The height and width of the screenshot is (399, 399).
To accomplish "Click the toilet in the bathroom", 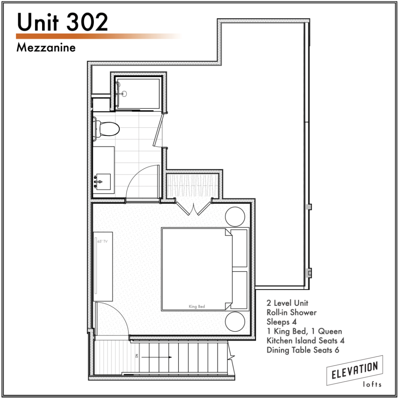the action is coord(107,129).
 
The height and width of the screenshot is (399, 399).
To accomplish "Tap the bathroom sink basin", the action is coord(104,182).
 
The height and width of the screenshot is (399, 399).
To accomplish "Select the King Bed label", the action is coord(197,306).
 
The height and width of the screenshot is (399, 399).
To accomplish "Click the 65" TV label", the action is coord(102,241).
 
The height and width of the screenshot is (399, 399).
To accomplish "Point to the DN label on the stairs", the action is coord(137,356).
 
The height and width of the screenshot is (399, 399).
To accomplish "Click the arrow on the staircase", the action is coord(157,357).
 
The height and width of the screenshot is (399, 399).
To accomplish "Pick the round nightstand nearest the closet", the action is coord(235,217).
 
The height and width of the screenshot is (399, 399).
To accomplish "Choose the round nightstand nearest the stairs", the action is coord(235,321).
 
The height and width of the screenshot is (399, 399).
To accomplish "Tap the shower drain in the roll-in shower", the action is coord(124,94).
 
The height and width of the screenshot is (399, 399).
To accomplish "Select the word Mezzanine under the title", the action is coord(46,48).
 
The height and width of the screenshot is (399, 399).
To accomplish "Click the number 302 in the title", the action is coord(87,22).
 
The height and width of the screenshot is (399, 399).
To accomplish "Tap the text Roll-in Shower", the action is coord(291,312).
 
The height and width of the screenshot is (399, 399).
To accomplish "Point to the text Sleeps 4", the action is coord(282,322).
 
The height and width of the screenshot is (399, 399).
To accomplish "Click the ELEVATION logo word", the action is coord(355,370).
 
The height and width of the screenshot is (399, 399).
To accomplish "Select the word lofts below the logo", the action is coord(372,384).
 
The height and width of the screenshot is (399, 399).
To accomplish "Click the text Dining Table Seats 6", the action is coord(303,350).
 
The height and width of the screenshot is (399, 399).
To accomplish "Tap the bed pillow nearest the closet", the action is coord(240,248).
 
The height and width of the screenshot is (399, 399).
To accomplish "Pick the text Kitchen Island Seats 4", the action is coord(305,341).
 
